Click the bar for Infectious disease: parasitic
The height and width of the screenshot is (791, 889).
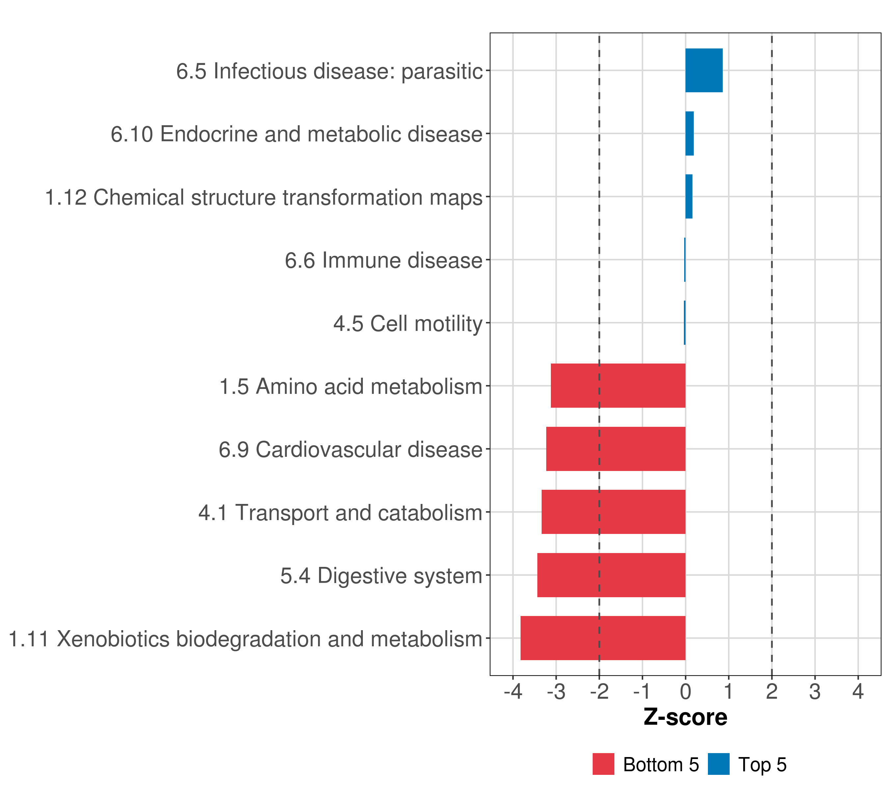704,71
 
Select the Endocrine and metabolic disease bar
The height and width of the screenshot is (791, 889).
689,134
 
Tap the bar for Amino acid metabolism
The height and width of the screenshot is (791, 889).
618,386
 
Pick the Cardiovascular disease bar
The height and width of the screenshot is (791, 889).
615,449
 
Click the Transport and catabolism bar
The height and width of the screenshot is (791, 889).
613,512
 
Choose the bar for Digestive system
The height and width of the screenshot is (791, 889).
611,575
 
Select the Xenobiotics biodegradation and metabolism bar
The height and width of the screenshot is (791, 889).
603,638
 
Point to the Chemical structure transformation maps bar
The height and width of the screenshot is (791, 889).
689,197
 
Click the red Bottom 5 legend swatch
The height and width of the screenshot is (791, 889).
603,764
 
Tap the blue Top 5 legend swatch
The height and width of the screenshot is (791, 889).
718,764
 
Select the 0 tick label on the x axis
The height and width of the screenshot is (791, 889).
686,692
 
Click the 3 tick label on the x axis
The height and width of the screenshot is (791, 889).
815,692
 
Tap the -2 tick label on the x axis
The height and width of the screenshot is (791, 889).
599,692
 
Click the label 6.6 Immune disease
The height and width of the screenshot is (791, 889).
384,260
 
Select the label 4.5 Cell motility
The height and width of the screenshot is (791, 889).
408,323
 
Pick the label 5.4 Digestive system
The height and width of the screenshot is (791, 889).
381,575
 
